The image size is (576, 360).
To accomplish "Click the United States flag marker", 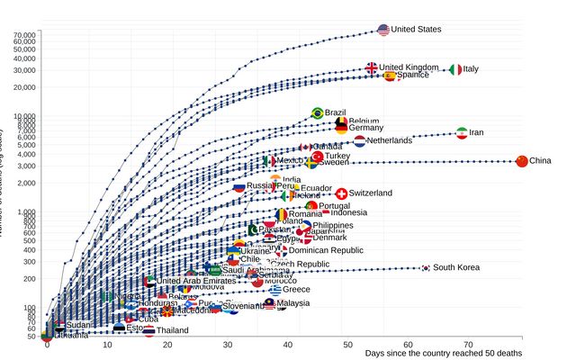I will pyautogui.click(x=383, y=30).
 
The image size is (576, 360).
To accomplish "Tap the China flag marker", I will pyautogui.click(x=521, y=161).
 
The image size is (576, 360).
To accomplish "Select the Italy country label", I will pyautogui.click(x=471, y=69).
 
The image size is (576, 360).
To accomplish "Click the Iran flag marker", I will pyautogui.click(x=462, y=133).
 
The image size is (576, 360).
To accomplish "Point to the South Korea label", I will pyautogui.click(x=455, y=267).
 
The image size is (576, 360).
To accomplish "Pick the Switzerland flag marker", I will pyautogui.click(x=341, y=193).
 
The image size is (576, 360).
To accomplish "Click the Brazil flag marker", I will pyautogui.click(x=317, y=112).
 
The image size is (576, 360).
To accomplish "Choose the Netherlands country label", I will pyautogui.click(x=389, y=141).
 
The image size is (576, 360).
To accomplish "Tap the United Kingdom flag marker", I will pyautogui.click(x=372, y=67).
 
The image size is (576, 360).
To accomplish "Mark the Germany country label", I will pyautogui.click(x=366, y=128).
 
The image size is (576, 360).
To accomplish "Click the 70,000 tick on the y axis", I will pyautogui.click(x=24, y=35).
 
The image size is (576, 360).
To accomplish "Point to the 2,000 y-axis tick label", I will pyautogui.click(x=27, y=183).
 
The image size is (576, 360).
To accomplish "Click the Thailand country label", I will pyautogui.click(x=172, y=330).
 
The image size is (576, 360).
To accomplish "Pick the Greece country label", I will pyautogui.click(x=296, y=290).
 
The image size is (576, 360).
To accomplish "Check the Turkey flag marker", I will pyautogui.click(x=317, y=157).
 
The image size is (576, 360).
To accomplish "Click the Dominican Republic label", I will pyautogui.click(x=326, y=251).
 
